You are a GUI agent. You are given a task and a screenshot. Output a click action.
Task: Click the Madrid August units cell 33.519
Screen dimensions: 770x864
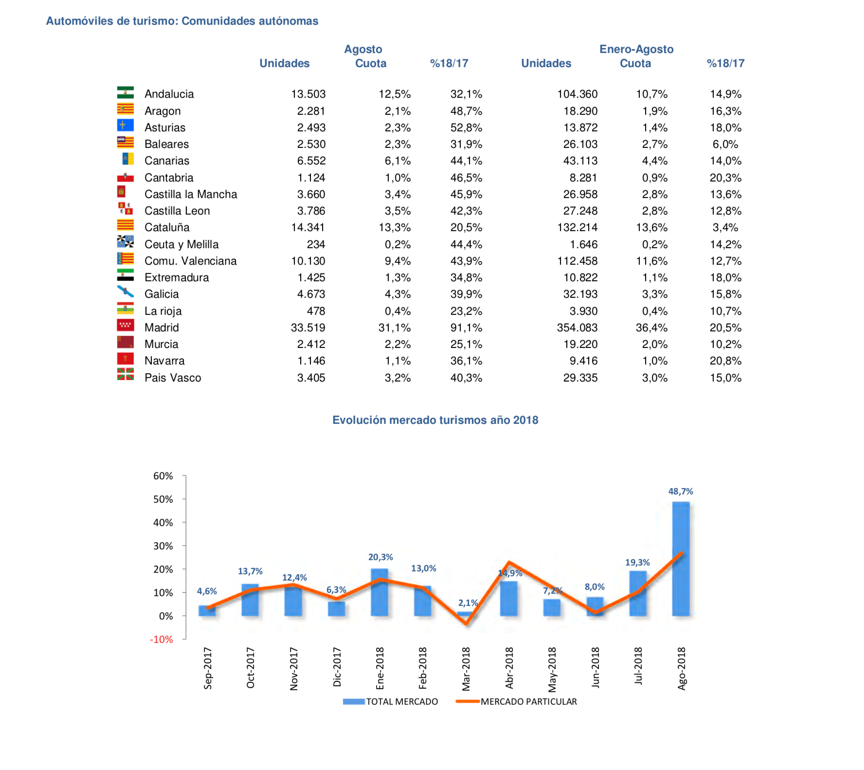pyautogui.click(x=308, y=328)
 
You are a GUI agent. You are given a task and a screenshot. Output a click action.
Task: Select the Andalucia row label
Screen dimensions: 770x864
pyautogui.click(x=169, y=94)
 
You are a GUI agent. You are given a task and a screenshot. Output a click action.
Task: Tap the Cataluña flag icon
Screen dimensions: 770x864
pyautogui.click(x=126, y=225)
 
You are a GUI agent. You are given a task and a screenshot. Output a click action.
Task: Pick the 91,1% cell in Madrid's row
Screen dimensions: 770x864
pyautogui.click(x=466, y=328)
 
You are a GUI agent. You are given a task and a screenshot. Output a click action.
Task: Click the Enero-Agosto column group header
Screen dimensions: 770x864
pyautogui.click(x=636, y=49)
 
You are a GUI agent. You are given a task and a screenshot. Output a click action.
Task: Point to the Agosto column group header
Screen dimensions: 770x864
pyautogui.click(x=363, y=49)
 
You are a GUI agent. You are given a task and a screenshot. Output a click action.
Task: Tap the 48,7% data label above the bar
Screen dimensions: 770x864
pyautogui.click(x=681, y=492)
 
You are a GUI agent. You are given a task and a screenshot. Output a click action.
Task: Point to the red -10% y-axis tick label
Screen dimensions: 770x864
pyautogui.click(x=162, y=640)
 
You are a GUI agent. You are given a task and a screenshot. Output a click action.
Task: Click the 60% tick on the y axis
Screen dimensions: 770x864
pyautogui.click(x=163, y=476)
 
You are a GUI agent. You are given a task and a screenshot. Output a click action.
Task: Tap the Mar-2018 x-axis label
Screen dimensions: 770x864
pyautogui.click(x=466, y=669)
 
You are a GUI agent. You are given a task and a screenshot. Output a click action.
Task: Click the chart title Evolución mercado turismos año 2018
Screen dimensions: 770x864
pyautogui.click(x=435, y=420)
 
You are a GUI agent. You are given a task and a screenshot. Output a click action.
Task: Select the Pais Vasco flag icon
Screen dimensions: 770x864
pyautogui.click(x=126, y=374)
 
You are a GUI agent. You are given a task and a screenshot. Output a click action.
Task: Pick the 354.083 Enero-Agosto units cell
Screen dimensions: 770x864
pyautogui.click(x=577, y=328)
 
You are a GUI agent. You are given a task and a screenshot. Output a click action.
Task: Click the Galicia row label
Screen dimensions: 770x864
pyautogui.click(x=162, y=294)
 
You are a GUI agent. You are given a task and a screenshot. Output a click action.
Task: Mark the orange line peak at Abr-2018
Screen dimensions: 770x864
pyautogui.click(x=509, y=563)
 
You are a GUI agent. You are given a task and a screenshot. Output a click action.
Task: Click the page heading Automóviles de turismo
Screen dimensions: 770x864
pyautogui.click(x=182, y=21)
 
